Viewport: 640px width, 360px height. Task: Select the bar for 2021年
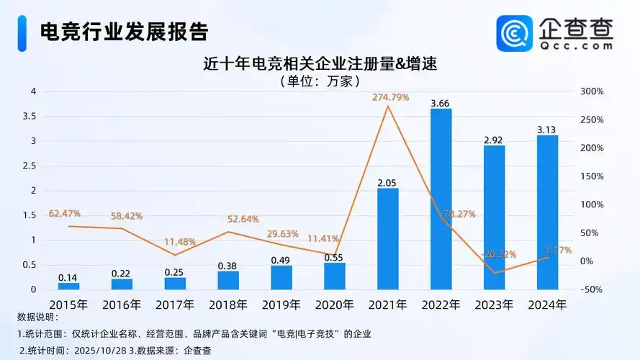coord(388,238)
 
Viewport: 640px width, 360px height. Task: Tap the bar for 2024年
coord(547,212)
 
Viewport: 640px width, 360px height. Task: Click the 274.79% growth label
coord(390,97)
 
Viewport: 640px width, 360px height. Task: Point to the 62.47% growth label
coord(65,214)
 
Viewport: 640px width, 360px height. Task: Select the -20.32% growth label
coord(496,254)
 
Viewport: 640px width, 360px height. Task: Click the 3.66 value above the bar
coord(441,104)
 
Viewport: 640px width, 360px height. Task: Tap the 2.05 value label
coord(388,183)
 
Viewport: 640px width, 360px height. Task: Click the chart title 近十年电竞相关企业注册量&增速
coord(320,63)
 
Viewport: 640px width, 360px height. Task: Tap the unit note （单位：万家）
coord(319,81)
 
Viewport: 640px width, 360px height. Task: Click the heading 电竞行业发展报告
coord(125,31)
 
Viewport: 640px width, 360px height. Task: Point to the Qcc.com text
coord(576,45)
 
